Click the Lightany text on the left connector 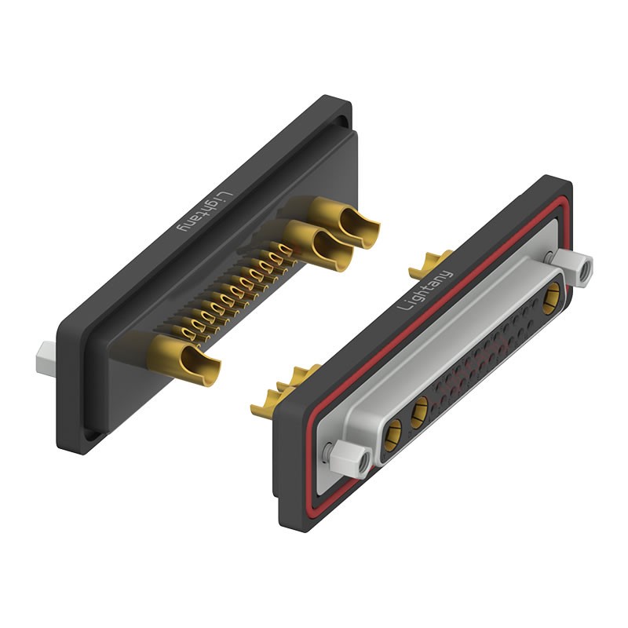tap(206, 213)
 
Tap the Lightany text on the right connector tap(425, 290)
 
